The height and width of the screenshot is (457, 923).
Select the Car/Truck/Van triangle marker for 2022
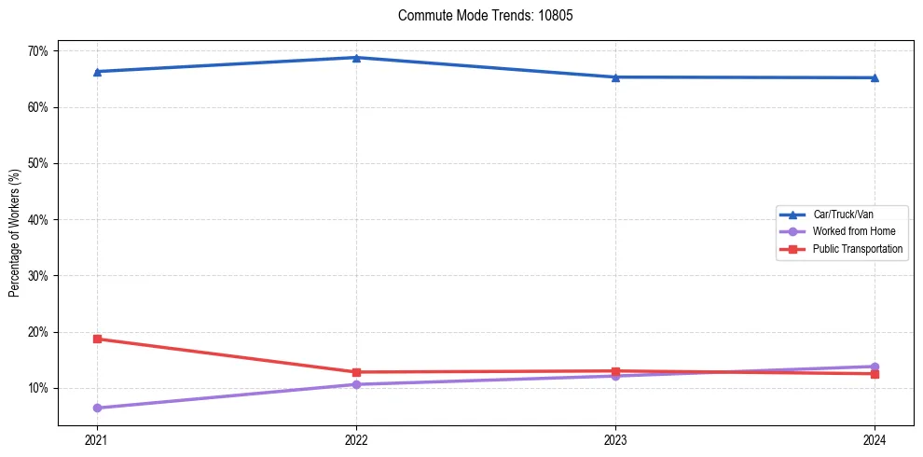[x=356, y=58]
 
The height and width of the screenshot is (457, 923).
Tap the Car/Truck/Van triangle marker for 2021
[x=97, y=72]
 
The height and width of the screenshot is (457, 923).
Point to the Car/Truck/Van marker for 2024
[x=875, y=77]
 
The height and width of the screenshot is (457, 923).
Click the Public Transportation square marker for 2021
[x=97, y=339]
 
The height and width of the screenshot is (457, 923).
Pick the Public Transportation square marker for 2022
[x=356, y=372]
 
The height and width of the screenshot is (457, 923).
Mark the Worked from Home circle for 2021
[x=97, y=408]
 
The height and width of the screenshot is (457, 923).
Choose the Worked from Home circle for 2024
[x=875, y=367]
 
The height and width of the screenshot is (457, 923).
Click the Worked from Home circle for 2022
[x=356, y=384]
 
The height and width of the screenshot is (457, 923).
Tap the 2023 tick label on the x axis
[x=615, y=440]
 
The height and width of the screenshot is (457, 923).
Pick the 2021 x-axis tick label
[x=97, y=440]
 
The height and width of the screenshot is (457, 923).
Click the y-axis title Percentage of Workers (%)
[x=15, y=233]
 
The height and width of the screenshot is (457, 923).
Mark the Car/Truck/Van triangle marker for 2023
[x=615, y=77]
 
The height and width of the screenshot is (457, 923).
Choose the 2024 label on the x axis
[x=875, y=440]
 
